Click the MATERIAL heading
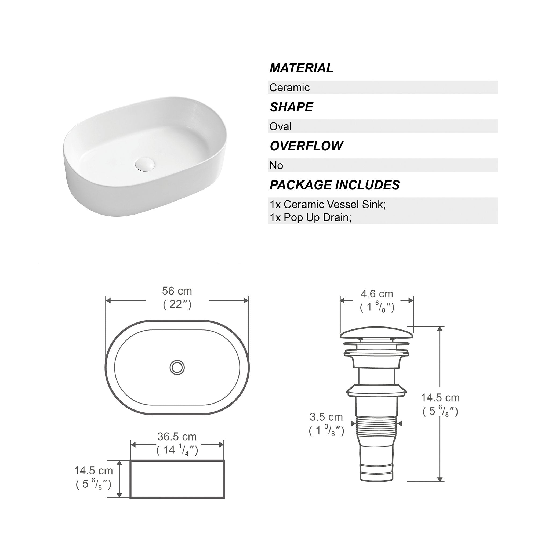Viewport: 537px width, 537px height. [x=301, y=68]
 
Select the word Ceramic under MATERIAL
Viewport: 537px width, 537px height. [x=289, y=88]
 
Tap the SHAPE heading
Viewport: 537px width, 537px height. [x=291, y=107]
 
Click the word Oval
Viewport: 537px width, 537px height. [x=280, y=126]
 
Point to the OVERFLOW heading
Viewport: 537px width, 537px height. [x=306, y=146]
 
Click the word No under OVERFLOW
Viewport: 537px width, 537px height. [x=276, y=165]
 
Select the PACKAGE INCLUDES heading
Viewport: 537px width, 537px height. [x=335, y=185]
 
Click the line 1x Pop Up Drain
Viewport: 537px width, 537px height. [x=310, y=217]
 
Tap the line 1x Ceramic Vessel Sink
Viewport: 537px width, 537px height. [x=328, y=204]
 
